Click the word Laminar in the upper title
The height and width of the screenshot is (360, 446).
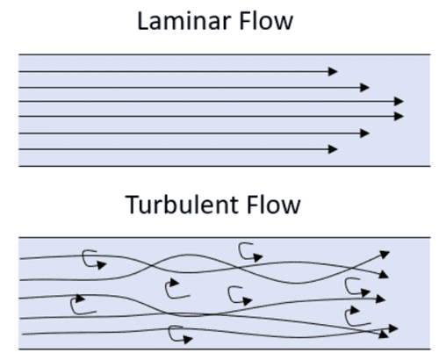click(x=183, y=19)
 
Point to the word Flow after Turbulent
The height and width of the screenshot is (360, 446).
click(x=272, y=205)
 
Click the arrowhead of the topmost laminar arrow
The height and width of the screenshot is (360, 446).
click(x=333, y=71)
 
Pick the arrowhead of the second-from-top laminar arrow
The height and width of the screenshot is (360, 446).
click(x=365, y=87)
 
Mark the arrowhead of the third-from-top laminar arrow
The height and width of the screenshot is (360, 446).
click(x=399, y=102)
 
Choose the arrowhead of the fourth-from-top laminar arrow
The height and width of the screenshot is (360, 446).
click(x=399, y=116)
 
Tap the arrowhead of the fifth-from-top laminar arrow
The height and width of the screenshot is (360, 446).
click(x=365, y=133)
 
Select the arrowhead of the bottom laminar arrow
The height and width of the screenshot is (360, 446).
click(x=333, y=148)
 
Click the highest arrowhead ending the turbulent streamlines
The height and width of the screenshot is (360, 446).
click(x=384, y=254)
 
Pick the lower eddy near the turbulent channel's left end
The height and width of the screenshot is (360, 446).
click(x=82, y=305)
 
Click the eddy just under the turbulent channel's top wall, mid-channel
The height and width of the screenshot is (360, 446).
click(x=249, y=252)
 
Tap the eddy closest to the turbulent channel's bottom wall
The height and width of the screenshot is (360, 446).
click(x=177, y=334)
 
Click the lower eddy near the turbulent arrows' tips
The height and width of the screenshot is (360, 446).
click(x=356, y=315)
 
